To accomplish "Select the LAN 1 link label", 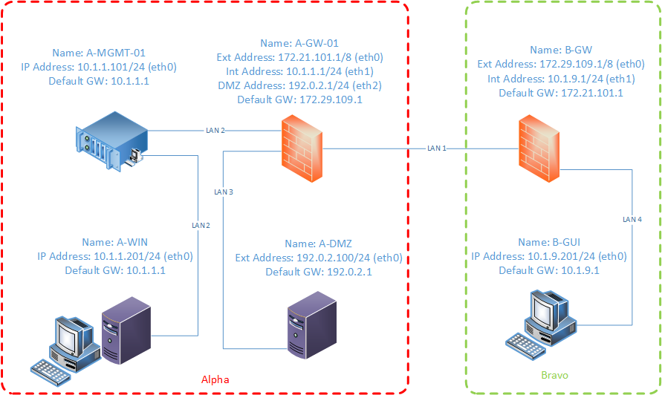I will (438, 148).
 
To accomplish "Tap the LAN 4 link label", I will (632, 220).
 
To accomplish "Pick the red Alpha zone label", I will (215, 379).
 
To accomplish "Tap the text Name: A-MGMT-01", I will (99, 53).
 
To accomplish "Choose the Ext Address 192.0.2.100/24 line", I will (319, 258).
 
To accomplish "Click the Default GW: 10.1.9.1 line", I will (549, 270).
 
